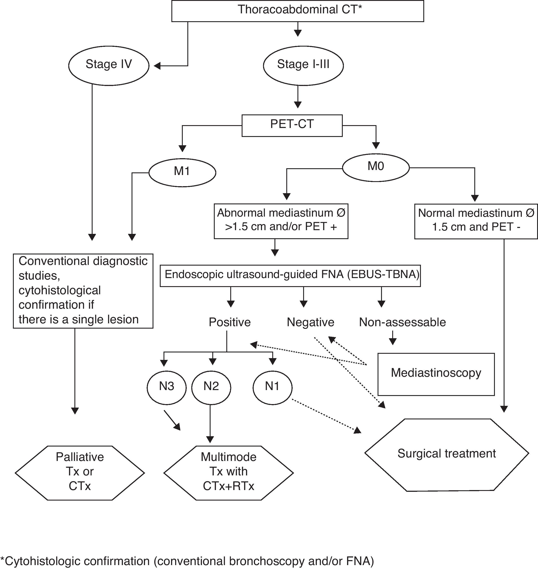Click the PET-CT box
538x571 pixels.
[292, 125]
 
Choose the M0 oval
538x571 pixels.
[376, 167]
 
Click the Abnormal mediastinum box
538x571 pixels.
[281, 221]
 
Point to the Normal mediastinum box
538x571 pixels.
[476, 221]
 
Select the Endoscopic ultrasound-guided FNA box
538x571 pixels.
[290, 275]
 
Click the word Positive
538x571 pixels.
[230, 322]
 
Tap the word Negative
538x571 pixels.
[310, 322]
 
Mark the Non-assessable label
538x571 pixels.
[402, 322]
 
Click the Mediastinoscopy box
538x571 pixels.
[436, 374]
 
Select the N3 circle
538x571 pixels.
[166, 387]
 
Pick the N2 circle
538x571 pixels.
[211, 387]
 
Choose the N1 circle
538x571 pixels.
[273, 387]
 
